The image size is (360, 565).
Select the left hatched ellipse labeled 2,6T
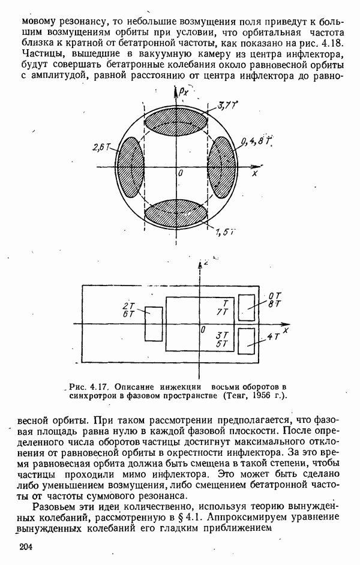(x=132, y=164)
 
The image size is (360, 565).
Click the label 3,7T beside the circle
(x=227, y=107)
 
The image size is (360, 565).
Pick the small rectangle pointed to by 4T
(x=247, y=342)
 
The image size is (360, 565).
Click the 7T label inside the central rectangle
(x=221, y=312)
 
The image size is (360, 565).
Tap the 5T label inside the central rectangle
(x=222, y=344)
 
